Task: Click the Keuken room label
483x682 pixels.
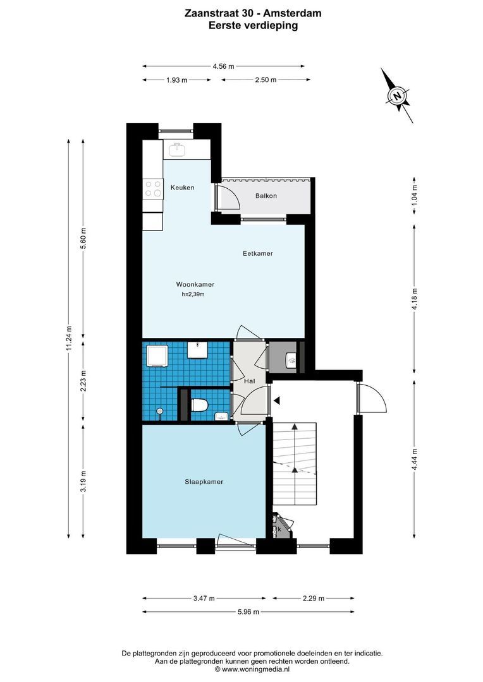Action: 182,188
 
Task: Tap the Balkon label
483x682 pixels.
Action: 266,196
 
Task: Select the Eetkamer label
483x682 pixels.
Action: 258,253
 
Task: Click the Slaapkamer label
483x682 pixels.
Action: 199,482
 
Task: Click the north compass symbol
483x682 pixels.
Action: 398,96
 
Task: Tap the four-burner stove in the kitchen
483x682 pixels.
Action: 154,188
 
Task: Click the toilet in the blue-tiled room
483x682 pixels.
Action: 199,405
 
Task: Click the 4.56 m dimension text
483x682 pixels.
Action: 223,66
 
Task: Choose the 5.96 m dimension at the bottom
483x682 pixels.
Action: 248,611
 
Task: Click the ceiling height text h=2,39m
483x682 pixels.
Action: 193,294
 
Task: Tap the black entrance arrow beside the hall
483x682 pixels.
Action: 276,400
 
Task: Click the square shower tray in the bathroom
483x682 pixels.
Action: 156,356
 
